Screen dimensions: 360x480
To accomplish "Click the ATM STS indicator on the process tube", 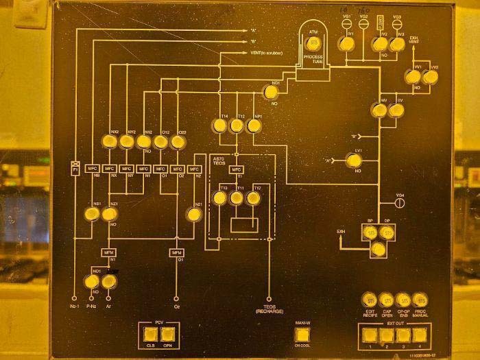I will point(314,43).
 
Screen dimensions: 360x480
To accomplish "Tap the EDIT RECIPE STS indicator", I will point(371,300).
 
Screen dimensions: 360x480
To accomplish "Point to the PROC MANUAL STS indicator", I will point(420,300).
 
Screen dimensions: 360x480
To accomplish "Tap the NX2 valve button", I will point(109,142).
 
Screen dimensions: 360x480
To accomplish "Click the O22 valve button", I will point(178,142).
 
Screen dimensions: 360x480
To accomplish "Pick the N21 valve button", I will point(194,215).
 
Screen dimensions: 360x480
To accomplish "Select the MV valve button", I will point(378,110).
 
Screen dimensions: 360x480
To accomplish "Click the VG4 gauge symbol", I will point(401,202).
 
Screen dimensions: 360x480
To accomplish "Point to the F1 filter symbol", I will point(75,168).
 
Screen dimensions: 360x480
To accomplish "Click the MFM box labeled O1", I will point(177,252).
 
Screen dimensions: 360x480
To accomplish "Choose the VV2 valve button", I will point(430,77).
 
